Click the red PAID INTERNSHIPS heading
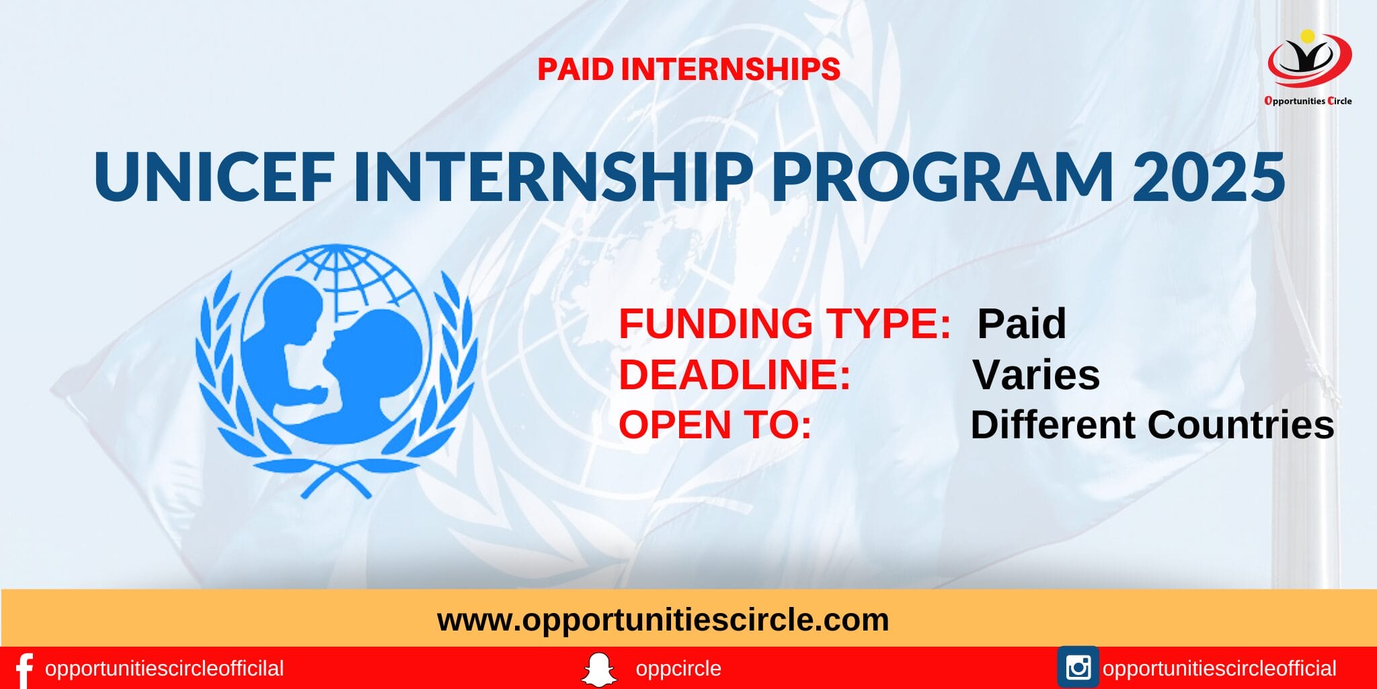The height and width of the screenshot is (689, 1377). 688,69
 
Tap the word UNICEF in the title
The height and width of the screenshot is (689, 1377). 214,177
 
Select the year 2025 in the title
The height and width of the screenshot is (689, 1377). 1209,177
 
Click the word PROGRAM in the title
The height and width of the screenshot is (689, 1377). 942,177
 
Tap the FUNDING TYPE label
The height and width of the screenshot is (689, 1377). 785,323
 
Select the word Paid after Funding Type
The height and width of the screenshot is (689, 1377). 1021,323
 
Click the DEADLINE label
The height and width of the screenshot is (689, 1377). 735,374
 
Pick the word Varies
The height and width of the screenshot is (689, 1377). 1036,374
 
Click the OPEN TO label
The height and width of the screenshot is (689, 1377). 715,425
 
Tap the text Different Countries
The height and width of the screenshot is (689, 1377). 1152,425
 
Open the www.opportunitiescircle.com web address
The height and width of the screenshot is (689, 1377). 663,620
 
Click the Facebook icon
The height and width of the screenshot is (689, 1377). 24,670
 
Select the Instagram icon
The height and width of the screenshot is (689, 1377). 1078,667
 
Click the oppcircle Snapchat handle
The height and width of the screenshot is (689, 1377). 678,669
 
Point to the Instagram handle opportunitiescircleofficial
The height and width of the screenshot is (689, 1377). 1219,669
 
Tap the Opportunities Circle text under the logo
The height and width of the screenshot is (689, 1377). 1308,101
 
